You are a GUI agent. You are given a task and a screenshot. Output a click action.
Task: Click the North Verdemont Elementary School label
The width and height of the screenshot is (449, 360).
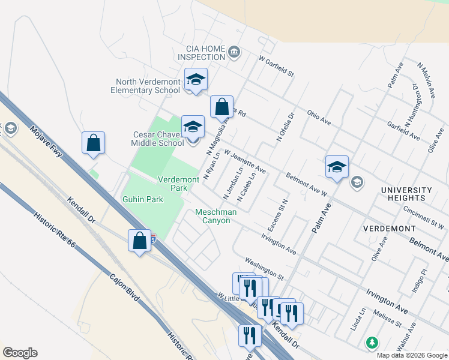148,86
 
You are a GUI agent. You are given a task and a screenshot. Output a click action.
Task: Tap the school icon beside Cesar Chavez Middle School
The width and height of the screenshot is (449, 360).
193,127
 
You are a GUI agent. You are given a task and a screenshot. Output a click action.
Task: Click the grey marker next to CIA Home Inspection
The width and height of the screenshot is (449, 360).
234,53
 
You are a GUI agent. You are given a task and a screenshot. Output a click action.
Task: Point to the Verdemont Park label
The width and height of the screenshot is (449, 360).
178,184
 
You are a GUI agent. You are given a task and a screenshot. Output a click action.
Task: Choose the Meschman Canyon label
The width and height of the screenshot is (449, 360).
216,216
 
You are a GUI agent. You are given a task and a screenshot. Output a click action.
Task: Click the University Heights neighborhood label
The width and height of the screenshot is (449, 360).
406,194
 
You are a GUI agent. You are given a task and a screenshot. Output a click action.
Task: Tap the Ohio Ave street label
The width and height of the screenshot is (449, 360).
319,116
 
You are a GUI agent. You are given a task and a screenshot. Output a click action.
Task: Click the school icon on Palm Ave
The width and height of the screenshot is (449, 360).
337,167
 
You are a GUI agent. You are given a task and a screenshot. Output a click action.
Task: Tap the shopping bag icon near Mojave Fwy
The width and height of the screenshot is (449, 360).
93,143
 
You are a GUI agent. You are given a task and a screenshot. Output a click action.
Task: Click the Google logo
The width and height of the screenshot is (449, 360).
20,353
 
